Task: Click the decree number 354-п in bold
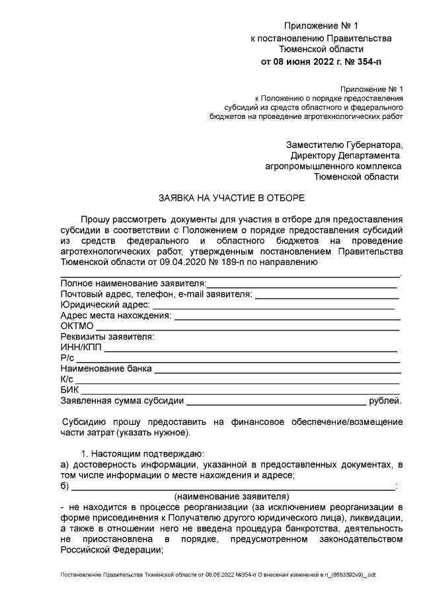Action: [365, 61]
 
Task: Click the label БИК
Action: [69, 389]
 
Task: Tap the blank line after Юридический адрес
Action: [274, 305]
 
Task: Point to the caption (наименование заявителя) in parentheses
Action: [232, 495]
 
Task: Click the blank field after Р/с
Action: [238, 357]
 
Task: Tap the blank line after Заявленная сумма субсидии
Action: [276, 400]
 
